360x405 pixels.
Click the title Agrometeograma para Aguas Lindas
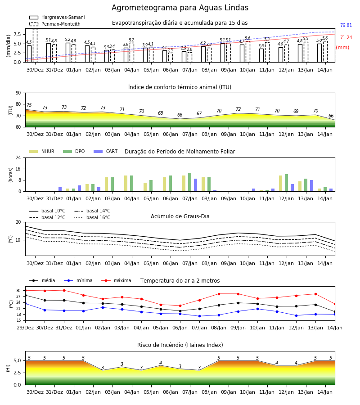point(180,8)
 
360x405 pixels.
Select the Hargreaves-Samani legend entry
point(57,17)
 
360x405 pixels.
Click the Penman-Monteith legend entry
point(55,24)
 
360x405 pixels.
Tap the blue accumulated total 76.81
point(346,25)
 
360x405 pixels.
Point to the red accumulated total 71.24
point(346,37)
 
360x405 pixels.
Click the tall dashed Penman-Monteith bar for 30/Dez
point(35,45)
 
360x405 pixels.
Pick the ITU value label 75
point(29,105)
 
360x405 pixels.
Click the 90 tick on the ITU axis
point(18,93)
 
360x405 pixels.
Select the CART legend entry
point(106,151)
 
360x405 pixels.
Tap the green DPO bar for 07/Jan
point(190,182)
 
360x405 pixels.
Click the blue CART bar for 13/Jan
point(312,186)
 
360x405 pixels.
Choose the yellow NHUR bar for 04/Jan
point(126,184)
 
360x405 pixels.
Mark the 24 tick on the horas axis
point(18,157)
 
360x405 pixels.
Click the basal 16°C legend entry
point(92,217)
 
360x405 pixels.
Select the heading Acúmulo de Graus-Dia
point(180,216)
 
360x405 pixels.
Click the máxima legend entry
point(116,280)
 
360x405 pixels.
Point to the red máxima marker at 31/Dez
point(64,290)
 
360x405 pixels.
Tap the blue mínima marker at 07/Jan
point(200,316)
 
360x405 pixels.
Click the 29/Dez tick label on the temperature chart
point(25,328)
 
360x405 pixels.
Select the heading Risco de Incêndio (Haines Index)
point(180,345)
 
